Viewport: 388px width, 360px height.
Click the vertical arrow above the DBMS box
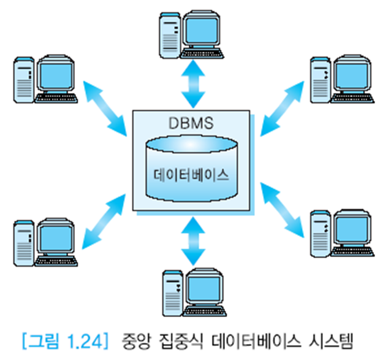191,86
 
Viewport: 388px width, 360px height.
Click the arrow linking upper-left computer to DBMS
105,109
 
